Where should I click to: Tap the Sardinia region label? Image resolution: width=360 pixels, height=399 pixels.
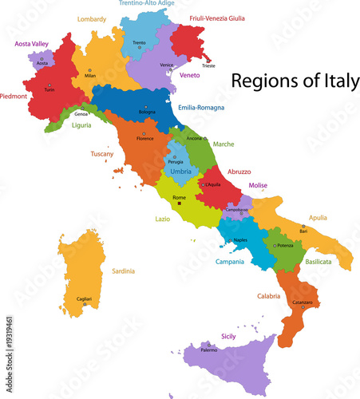[123, 271]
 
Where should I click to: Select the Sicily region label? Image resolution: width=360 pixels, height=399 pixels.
[228, 337]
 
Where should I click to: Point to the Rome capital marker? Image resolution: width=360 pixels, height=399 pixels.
[180, 203]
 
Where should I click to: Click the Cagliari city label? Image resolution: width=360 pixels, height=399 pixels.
[84, 297]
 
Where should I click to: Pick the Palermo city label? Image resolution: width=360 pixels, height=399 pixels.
[208, 350]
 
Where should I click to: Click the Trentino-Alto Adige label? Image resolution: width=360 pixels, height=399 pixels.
[148, 4]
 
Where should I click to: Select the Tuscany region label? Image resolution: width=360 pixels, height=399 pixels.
[101, 153]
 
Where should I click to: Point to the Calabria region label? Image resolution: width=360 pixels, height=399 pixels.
[268, 296]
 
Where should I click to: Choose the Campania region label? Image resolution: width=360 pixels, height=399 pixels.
[230, 261]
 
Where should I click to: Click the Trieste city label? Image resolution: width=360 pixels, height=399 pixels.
[208, 65]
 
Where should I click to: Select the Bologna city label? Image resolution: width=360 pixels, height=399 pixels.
[147, 112]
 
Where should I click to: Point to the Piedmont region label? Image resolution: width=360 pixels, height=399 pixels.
[14, 97]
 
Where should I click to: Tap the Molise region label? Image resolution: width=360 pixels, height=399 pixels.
[258, 185]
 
